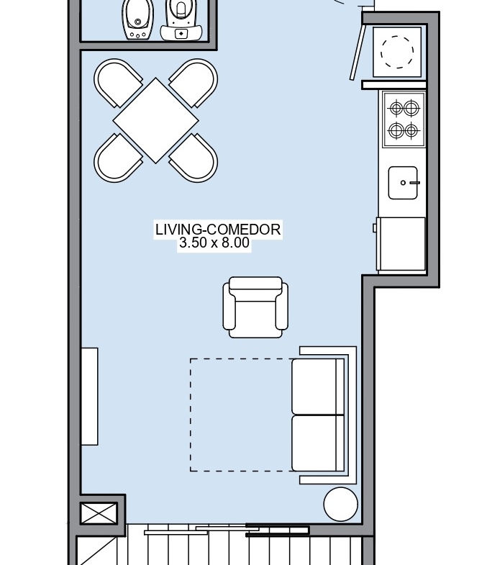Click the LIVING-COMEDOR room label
pyautogui.click(x=218, y=230)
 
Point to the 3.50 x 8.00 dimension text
pyautogui.click(x=214, y=243)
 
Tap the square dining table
pyautogui.click(x=155, y=121)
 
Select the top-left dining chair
pyautogui.click(x=117, y=83)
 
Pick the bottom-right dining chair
pyautogui.click(x=194, y=158)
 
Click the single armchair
pyautogui.click(x=255, y=307)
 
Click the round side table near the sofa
pyautogui.click(x=340, y=504)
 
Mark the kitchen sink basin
pyautogui.click(x=403, y=183)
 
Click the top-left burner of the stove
pyautogui.click(x=396, y=108)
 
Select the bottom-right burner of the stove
pyautogui.click(x=411, y=130)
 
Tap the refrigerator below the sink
pyautogui.click(x=401, y=243)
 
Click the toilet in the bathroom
pyautogui.click(x=180, y=20)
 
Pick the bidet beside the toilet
pyautogui.click(x=137, y=20)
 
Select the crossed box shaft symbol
pyautogui.click(x=99, y=513)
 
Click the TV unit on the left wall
pyautogui.click(x=89, y=397)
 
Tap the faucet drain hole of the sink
pyautogui.click(x=403, y=183)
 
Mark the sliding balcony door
pyautogui.click(x=227, y=530)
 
